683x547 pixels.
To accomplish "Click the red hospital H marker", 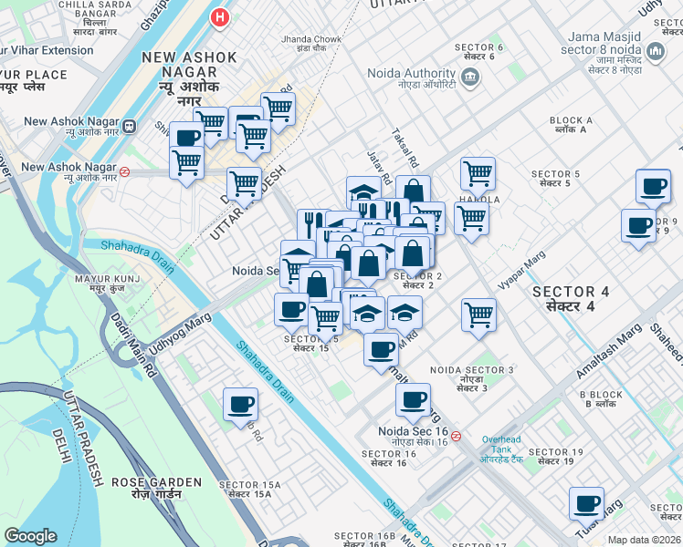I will (x=219, y=16).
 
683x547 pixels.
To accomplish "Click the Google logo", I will (x=31, y=536).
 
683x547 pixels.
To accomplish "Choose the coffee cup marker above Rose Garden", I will (x=240, y=404).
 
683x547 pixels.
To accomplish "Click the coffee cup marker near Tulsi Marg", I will (x=586, y=503).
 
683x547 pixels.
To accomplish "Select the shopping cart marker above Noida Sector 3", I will (x=478, y=315).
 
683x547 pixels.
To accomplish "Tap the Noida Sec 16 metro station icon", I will (x=456, y=436).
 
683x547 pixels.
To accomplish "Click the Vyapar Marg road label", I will (x=521, y=271).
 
